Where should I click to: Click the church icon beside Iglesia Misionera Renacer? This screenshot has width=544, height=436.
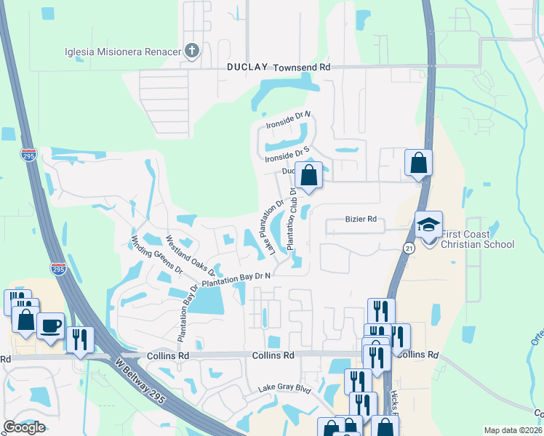pos(192,50)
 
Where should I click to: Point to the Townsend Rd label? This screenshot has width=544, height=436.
pos(302,67)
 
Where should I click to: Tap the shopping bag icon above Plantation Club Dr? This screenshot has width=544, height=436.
pos(309,176)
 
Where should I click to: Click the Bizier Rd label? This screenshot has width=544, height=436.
pos(360,219)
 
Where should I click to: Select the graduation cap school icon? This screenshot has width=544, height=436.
pos(428,224)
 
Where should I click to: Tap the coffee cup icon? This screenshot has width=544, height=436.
pos(50,326)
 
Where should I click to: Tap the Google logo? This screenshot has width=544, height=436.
pos(24,427)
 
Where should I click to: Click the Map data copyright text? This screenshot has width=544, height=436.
pos(513,430)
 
